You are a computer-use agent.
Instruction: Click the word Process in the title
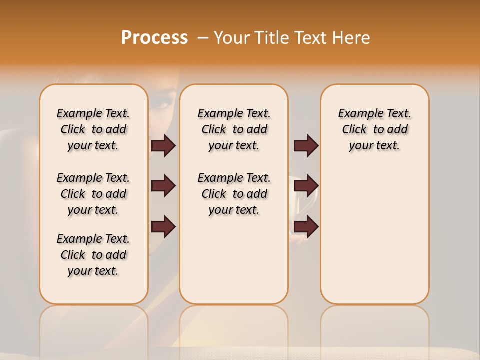[154, 37]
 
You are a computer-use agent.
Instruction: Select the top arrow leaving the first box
[163, 145]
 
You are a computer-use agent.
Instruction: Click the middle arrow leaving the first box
[163, 186]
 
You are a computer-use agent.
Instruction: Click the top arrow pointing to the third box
[306, 145]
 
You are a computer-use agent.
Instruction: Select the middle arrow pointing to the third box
[306, 186]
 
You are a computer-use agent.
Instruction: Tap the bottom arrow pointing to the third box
[306, 226]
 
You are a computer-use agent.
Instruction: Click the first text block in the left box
[93, 129]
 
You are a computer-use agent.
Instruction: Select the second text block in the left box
[93, 194]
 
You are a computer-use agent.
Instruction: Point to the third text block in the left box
[93, 255]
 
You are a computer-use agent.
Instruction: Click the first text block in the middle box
[234, 129]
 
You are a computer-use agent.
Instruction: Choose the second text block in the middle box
[234, 194]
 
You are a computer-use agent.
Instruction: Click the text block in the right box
[374, 129]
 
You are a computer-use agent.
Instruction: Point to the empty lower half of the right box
[374, 240]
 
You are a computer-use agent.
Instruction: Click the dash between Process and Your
[203, 38]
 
